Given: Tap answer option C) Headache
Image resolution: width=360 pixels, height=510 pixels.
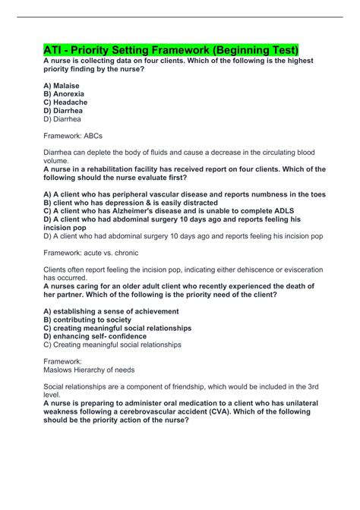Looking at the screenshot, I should (66, 102).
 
